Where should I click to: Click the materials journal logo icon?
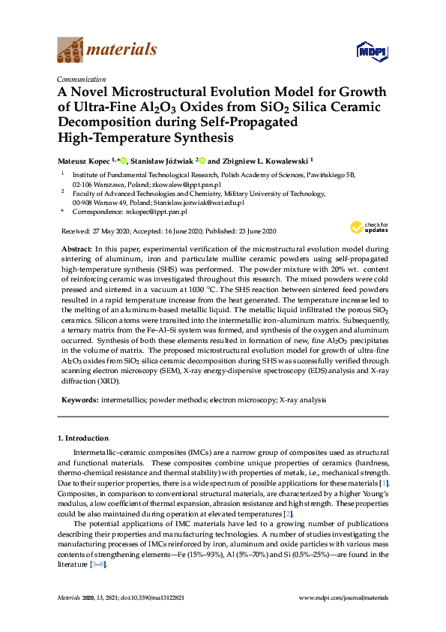[x=70, y=50]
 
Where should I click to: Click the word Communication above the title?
[x=81, y=80]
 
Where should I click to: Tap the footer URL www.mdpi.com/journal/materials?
[x=343, y=597]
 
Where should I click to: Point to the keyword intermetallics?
[x=123, y=401]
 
